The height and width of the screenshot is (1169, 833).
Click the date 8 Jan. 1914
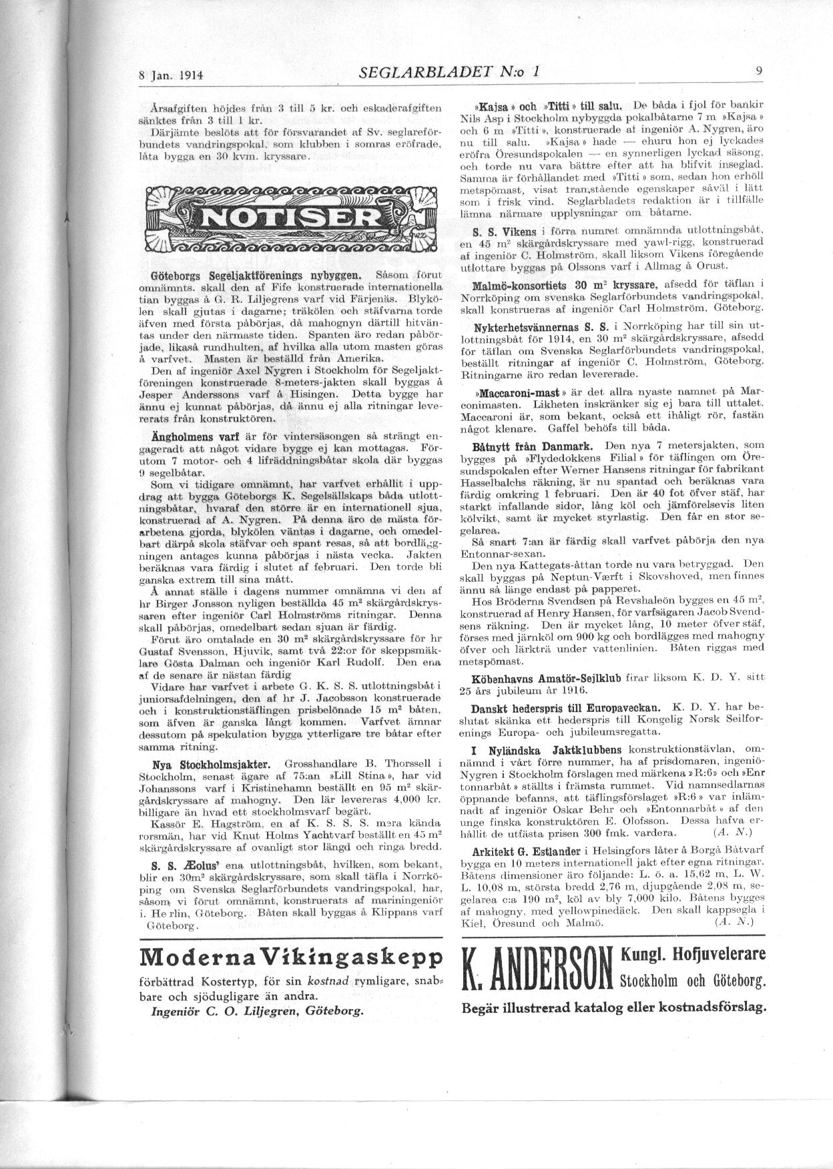(171, 75)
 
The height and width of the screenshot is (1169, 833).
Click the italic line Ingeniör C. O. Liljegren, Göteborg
(258, 1010)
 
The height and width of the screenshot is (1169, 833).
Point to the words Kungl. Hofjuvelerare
(693, 954)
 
